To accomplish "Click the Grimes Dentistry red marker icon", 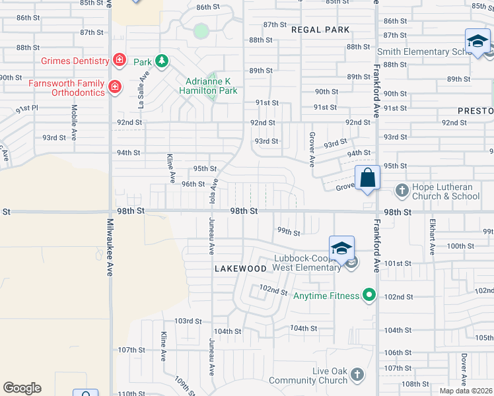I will click(119, 61).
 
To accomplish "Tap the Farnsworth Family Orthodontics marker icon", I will click(115, 86).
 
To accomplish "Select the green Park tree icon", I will click(161, 61).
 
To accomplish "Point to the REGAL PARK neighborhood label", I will click(320, 30).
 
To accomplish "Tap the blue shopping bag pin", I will click(367, 178).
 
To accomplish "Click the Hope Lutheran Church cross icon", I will click(401, 191).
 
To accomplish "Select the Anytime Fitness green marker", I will click(369, 296).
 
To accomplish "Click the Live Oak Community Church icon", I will click(357, 375).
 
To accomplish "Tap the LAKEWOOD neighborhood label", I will click(240, 269).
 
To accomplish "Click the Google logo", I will click(22, 388).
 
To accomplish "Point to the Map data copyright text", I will click(466, 391).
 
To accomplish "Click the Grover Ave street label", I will click(311, 150).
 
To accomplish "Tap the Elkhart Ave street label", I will click(432, 237).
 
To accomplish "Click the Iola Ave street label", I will click(213, 191).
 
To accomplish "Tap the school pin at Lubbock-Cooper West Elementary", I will click(341, 248).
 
